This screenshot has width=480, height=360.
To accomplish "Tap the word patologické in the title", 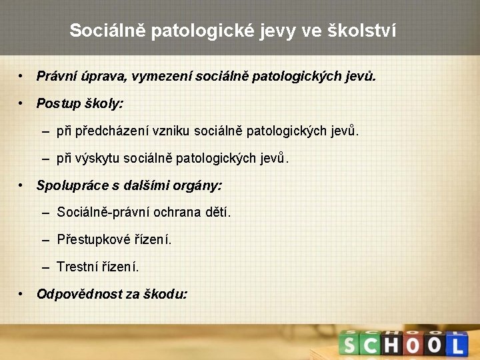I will click(x=194, y=31).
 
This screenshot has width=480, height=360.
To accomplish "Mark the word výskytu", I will click(x=97, y=158).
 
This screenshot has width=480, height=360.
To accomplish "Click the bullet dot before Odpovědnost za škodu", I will click(x=23, y=293).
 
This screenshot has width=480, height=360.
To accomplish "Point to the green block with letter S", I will click(x=350, y=345).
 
